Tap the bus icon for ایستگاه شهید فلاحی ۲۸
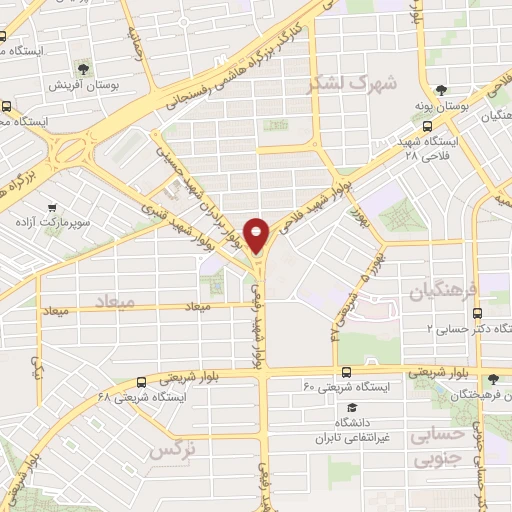click(428, 126)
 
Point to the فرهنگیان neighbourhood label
click(444, 291)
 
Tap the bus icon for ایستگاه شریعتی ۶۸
click(140, 381)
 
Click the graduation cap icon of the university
click(351, 408)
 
